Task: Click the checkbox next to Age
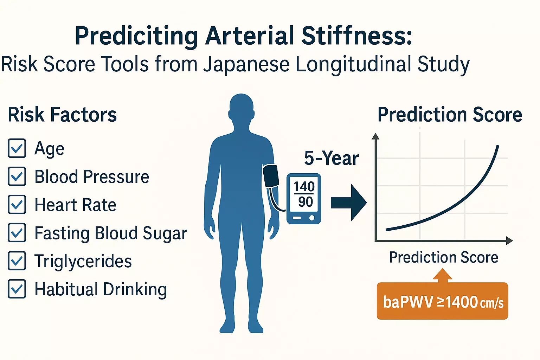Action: tap(17, 148)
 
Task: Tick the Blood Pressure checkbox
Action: tap(17, 176)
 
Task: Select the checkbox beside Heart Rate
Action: tap(17, 205)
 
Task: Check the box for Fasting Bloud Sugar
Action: tap(17, 233)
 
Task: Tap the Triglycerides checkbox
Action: tap(17, 261)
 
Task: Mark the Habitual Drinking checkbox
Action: tap(17, 289)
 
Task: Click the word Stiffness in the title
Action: tap(357, 36)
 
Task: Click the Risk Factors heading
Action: tap(62, 115)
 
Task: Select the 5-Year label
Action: tap(332, 159)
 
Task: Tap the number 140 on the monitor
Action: tap(304, 187)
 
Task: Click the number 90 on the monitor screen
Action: tap(306, 202)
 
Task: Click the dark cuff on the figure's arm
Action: tap(271, 176)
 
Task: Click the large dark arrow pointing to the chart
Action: tap(349, 202)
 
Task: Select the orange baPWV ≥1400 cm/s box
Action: tap(442, 301)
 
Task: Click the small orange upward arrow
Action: tap(442, 275)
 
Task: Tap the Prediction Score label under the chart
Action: tap(444, 258)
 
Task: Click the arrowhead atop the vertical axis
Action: tap(375, 136)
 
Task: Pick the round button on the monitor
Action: tap(312, 218)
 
